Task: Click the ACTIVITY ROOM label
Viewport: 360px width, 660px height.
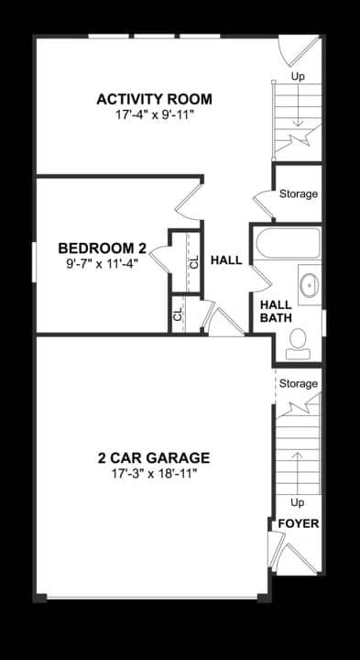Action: (154, 99)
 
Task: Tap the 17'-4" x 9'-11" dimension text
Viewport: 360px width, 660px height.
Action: (154, 117)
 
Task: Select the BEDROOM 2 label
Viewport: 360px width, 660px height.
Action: (103, 247)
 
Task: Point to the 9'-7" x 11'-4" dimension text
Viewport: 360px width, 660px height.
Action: (103, 263)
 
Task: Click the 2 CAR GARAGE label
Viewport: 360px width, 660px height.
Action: (154, 457)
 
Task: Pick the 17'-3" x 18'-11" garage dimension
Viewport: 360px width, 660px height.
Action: (154, 474)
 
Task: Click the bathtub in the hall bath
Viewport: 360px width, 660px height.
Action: (287, 245)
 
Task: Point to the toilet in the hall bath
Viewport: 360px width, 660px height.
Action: (297, 343)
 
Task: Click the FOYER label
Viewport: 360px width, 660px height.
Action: (299, 524)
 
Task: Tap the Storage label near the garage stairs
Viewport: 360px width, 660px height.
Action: (299, 383)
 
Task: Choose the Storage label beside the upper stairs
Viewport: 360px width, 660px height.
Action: (299, 194)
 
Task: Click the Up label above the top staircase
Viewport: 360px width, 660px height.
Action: (298, 77)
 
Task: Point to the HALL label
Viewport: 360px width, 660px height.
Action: (226, 260)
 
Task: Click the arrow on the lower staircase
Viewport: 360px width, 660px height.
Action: (297, 467)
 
